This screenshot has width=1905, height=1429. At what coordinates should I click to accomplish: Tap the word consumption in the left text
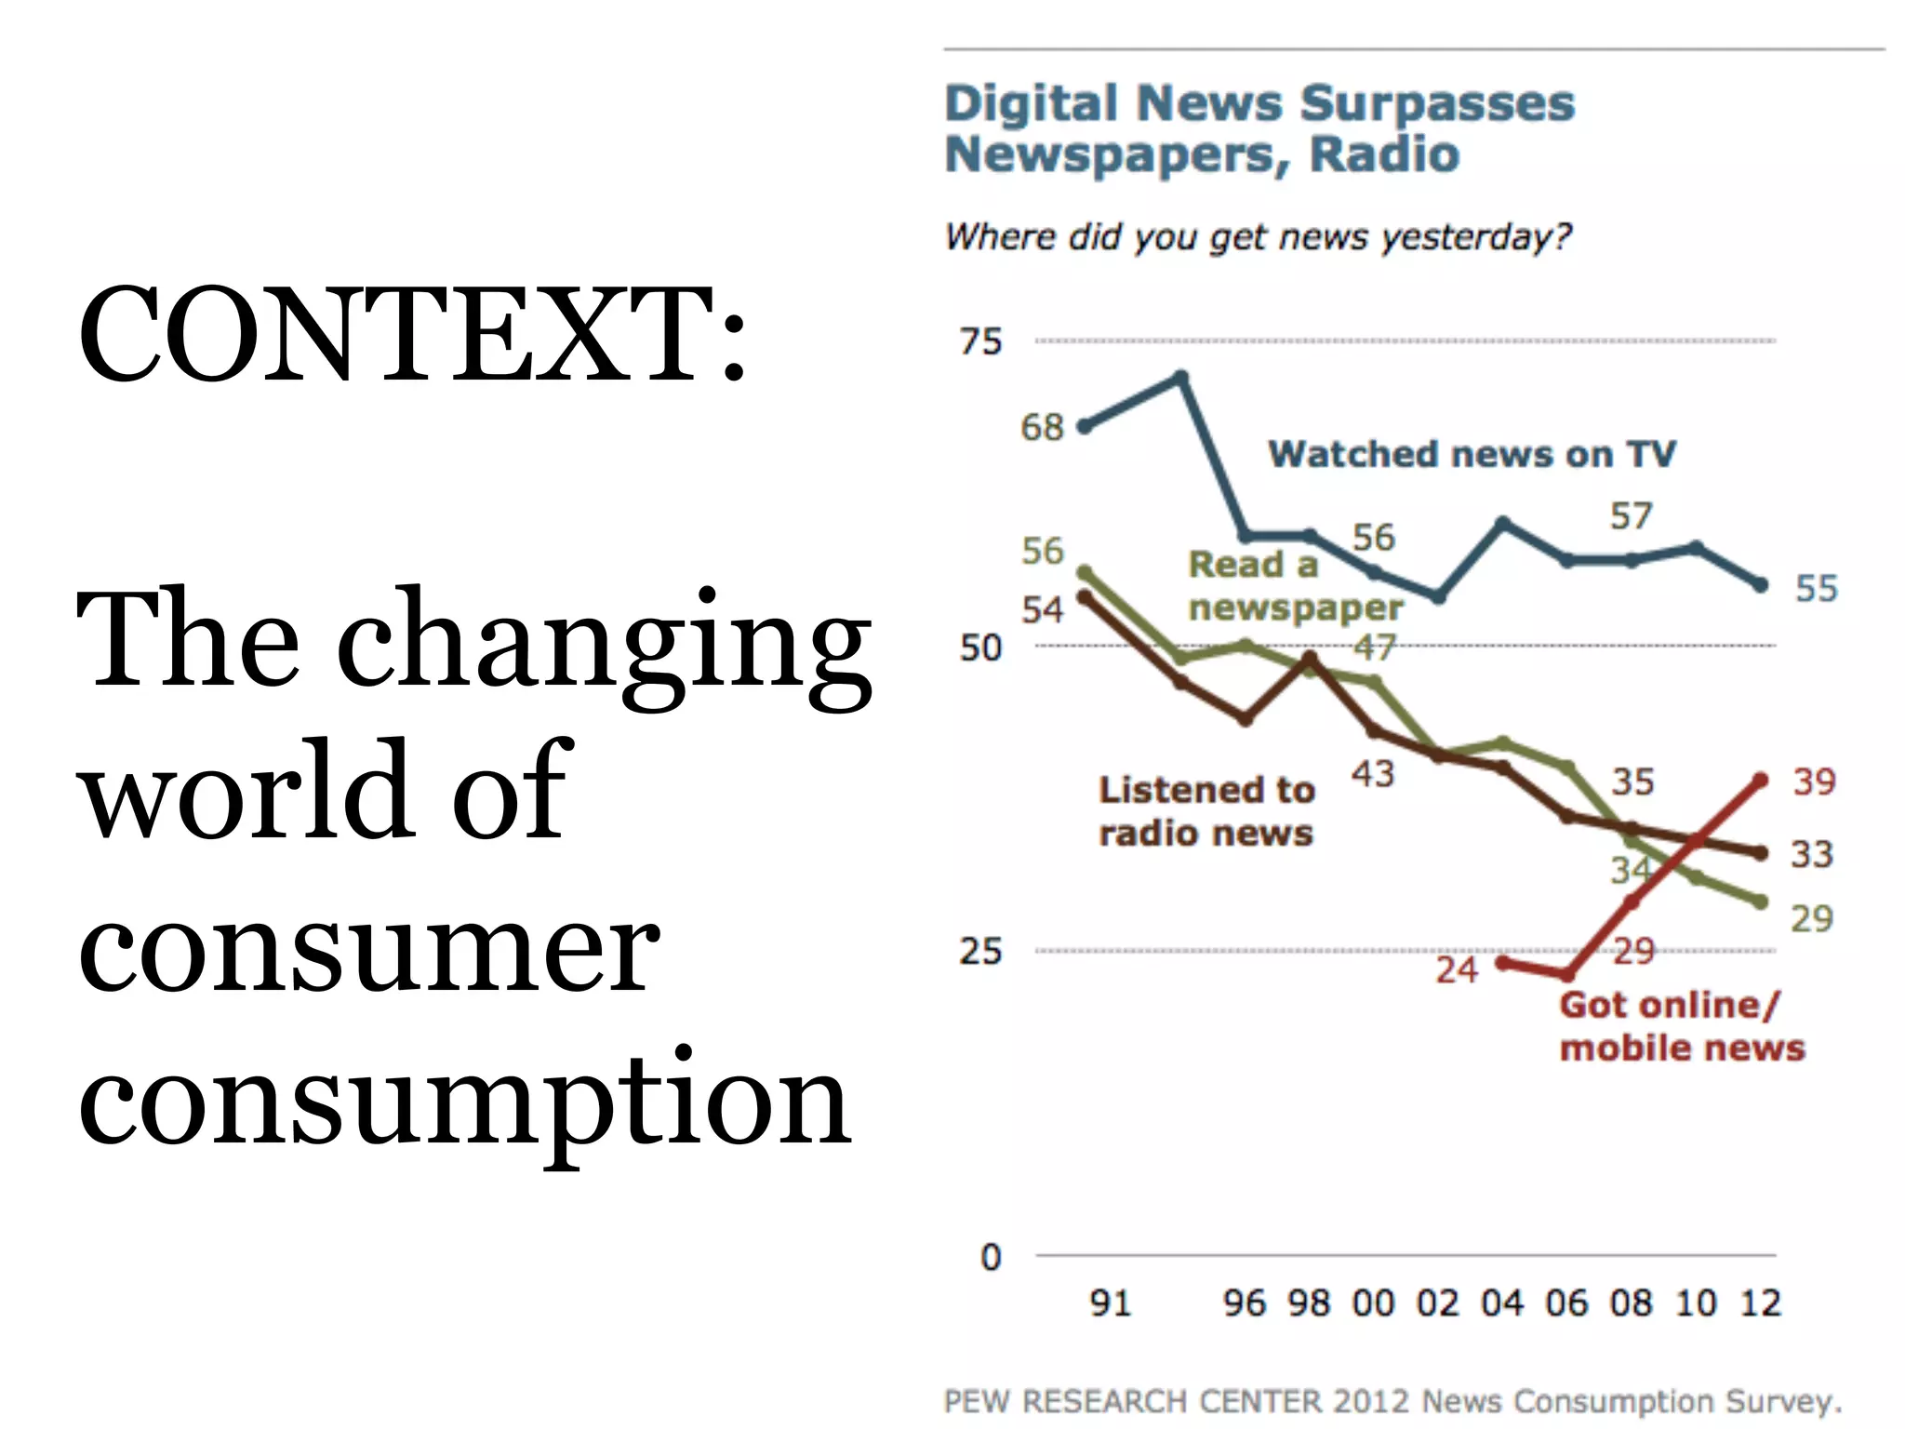tap(463, 1102)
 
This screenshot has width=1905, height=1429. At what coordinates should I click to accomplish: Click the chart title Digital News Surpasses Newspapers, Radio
tap(1259, 128)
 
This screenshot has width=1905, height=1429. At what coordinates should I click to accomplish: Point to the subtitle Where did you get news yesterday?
tap(1258, 236)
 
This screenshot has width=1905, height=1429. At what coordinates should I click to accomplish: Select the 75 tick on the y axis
tap(980, 341)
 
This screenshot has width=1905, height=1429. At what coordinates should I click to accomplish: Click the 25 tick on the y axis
tap(980, 951)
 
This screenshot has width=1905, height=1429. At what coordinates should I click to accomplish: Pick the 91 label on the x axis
tap(1111, 1302)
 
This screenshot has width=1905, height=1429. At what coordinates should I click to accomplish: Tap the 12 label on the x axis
tap(1760, 1302)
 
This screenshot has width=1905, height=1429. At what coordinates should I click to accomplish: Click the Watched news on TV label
tap(1472, 454)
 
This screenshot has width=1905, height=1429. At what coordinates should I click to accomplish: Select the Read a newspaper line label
tap(1294, 586)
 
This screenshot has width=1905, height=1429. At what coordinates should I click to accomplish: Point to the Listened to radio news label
tap(1206, 811)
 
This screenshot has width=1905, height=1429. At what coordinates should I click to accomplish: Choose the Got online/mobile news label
tap(1682, 1026)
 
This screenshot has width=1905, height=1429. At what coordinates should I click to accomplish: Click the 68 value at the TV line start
tap(1041, 428)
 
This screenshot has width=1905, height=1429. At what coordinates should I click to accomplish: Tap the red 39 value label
tap(1814, 781)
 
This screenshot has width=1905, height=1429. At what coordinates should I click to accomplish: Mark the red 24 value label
tap(1456, 970)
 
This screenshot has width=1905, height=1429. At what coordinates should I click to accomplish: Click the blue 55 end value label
tap(1816, 588)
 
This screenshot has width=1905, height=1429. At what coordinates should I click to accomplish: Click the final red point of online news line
tap(1760, 781)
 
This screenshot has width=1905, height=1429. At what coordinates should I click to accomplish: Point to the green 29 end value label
tap(1811, 919)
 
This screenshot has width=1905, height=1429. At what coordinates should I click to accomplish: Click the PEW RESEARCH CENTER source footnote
tap(1392, 1401)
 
